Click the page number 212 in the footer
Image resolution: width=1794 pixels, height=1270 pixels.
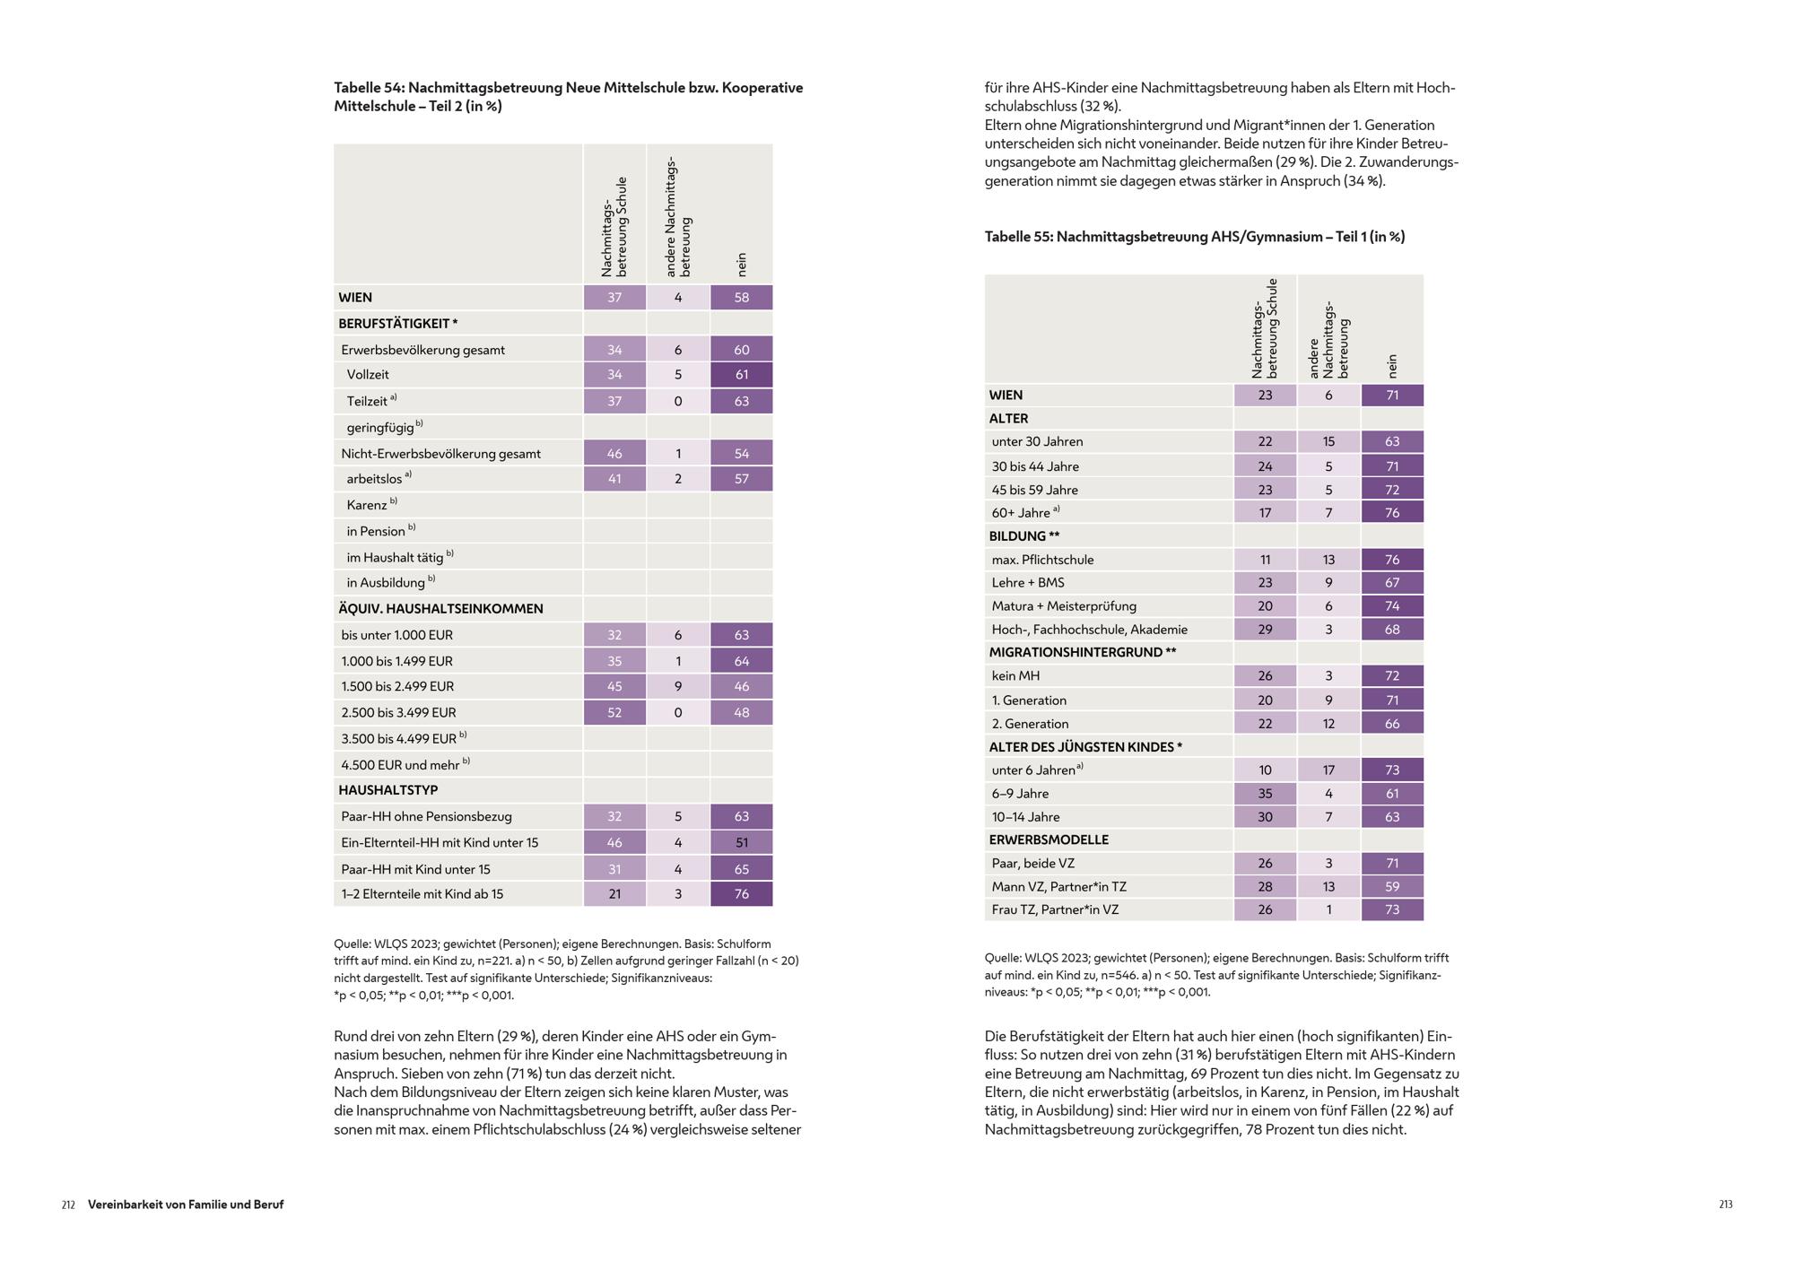[68, 1205]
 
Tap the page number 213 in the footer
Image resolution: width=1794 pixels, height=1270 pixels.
[1725, 1205]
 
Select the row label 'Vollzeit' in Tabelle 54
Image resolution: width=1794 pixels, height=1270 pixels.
[368, 375]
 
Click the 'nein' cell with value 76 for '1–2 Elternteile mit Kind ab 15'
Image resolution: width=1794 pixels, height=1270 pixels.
[741, 894]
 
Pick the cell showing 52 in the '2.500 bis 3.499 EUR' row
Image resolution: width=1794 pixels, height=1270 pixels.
[614, 713]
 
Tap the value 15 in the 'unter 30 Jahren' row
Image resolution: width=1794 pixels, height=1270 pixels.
[1328, 442]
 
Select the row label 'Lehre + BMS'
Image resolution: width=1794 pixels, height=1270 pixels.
[1028, 583]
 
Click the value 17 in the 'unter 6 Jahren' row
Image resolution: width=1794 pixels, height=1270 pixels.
[1328, 770]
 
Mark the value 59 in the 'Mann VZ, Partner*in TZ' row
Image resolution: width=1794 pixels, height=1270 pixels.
[1391, 887]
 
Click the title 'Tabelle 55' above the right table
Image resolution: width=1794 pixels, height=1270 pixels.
[1195, 237]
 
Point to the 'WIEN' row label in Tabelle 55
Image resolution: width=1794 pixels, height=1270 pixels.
[1006, 396]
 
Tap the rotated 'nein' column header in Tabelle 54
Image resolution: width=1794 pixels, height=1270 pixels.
[742, 264]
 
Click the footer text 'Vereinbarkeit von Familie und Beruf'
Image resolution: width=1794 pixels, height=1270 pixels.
[186, 1205]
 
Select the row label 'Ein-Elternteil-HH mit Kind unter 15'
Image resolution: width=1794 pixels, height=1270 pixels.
[440, 843]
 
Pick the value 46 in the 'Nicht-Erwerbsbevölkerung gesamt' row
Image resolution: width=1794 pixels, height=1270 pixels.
[614, 454]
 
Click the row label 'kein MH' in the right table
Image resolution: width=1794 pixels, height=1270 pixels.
[1015, 676]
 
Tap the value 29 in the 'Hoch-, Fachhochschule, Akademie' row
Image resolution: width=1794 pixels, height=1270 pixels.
[1265, 630]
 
